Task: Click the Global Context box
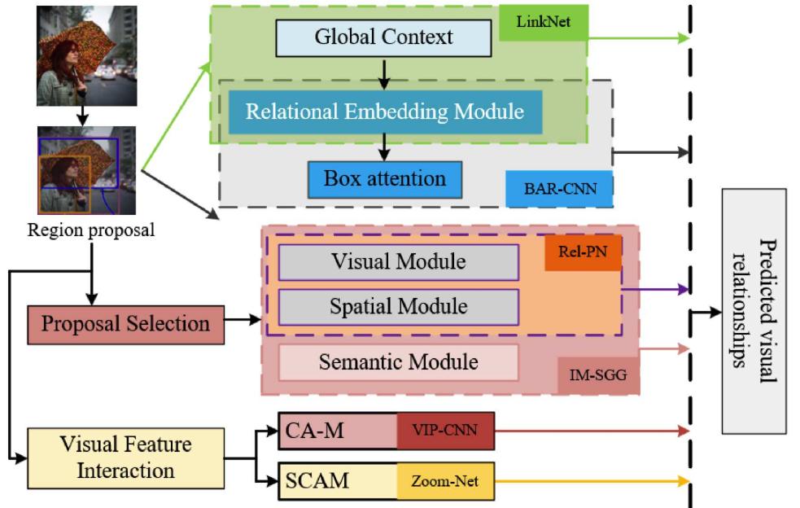coord(383,37)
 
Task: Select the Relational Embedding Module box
coord(385,112)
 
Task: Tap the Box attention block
coord(384,179)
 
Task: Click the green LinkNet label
coord(551,23)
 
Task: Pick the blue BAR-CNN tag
coord(557,189)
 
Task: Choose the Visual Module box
coord(398,262)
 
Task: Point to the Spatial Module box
coord(398,307)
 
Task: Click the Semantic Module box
coord(398,361)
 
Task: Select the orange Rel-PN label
coord(583,252)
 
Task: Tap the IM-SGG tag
coord(598,375)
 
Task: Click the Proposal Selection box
coord(125,324)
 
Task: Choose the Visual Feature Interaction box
coord(125,458)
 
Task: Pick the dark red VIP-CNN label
coord(445,431)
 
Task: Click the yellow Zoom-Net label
coord(445,482)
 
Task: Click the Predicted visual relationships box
coord(753,311)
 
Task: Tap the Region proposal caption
coord(90,230)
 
